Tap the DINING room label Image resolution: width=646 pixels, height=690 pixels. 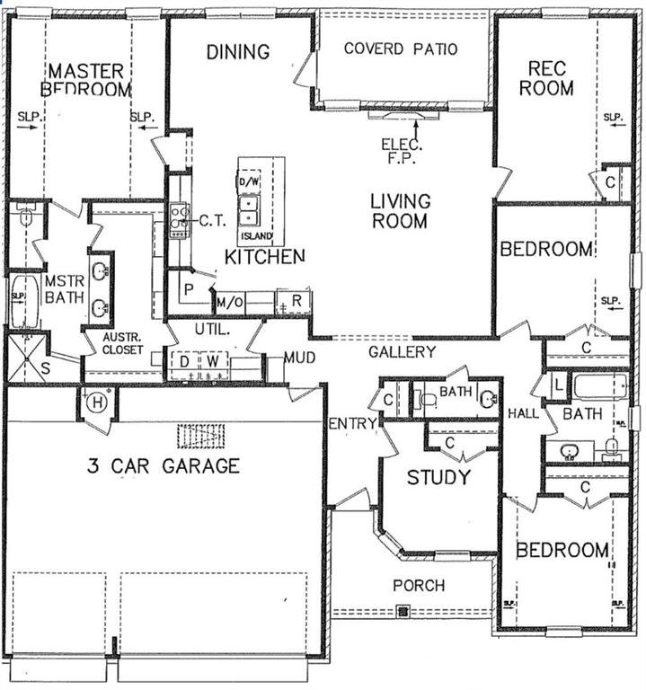[x=238, y=52]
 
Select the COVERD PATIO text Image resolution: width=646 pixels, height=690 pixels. [x=401, y=48]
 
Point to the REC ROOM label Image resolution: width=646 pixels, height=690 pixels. [x=550, y=78]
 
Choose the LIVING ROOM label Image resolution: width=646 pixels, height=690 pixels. [x=401, y=210]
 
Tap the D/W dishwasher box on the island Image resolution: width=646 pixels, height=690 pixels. [x=247, y=182]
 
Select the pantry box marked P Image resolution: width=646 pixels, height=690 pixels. [x=189, y=290]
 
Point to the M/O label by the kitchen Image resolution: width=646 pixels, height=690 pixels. [x=230, y=303]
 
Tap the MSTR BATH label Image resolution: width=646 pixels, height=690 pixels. [x=64, y=289]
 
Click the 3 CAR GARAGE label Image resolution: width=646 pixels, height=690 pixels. [x=163, y=465]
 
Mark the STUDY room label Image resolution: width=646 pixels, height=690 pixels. [x=438, y=477]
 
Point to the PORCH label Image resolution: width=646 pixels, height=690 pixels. [x=419, y=586]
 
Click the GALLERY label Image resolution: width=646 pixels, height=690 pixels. [x=402, y=352]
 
